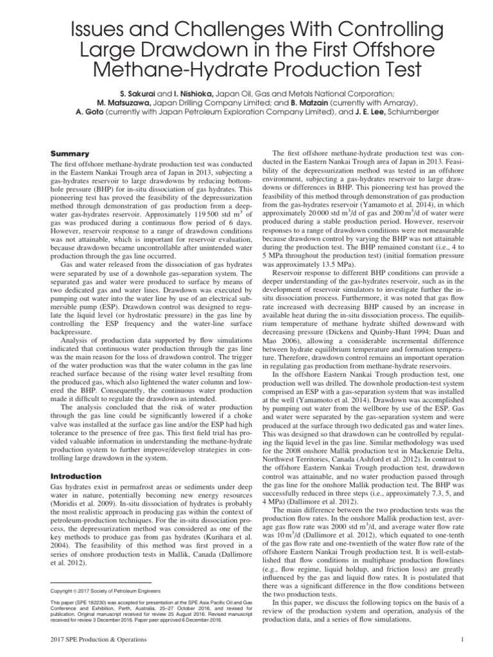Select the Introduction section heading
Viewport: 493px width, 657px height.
[x=76, y=476]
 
